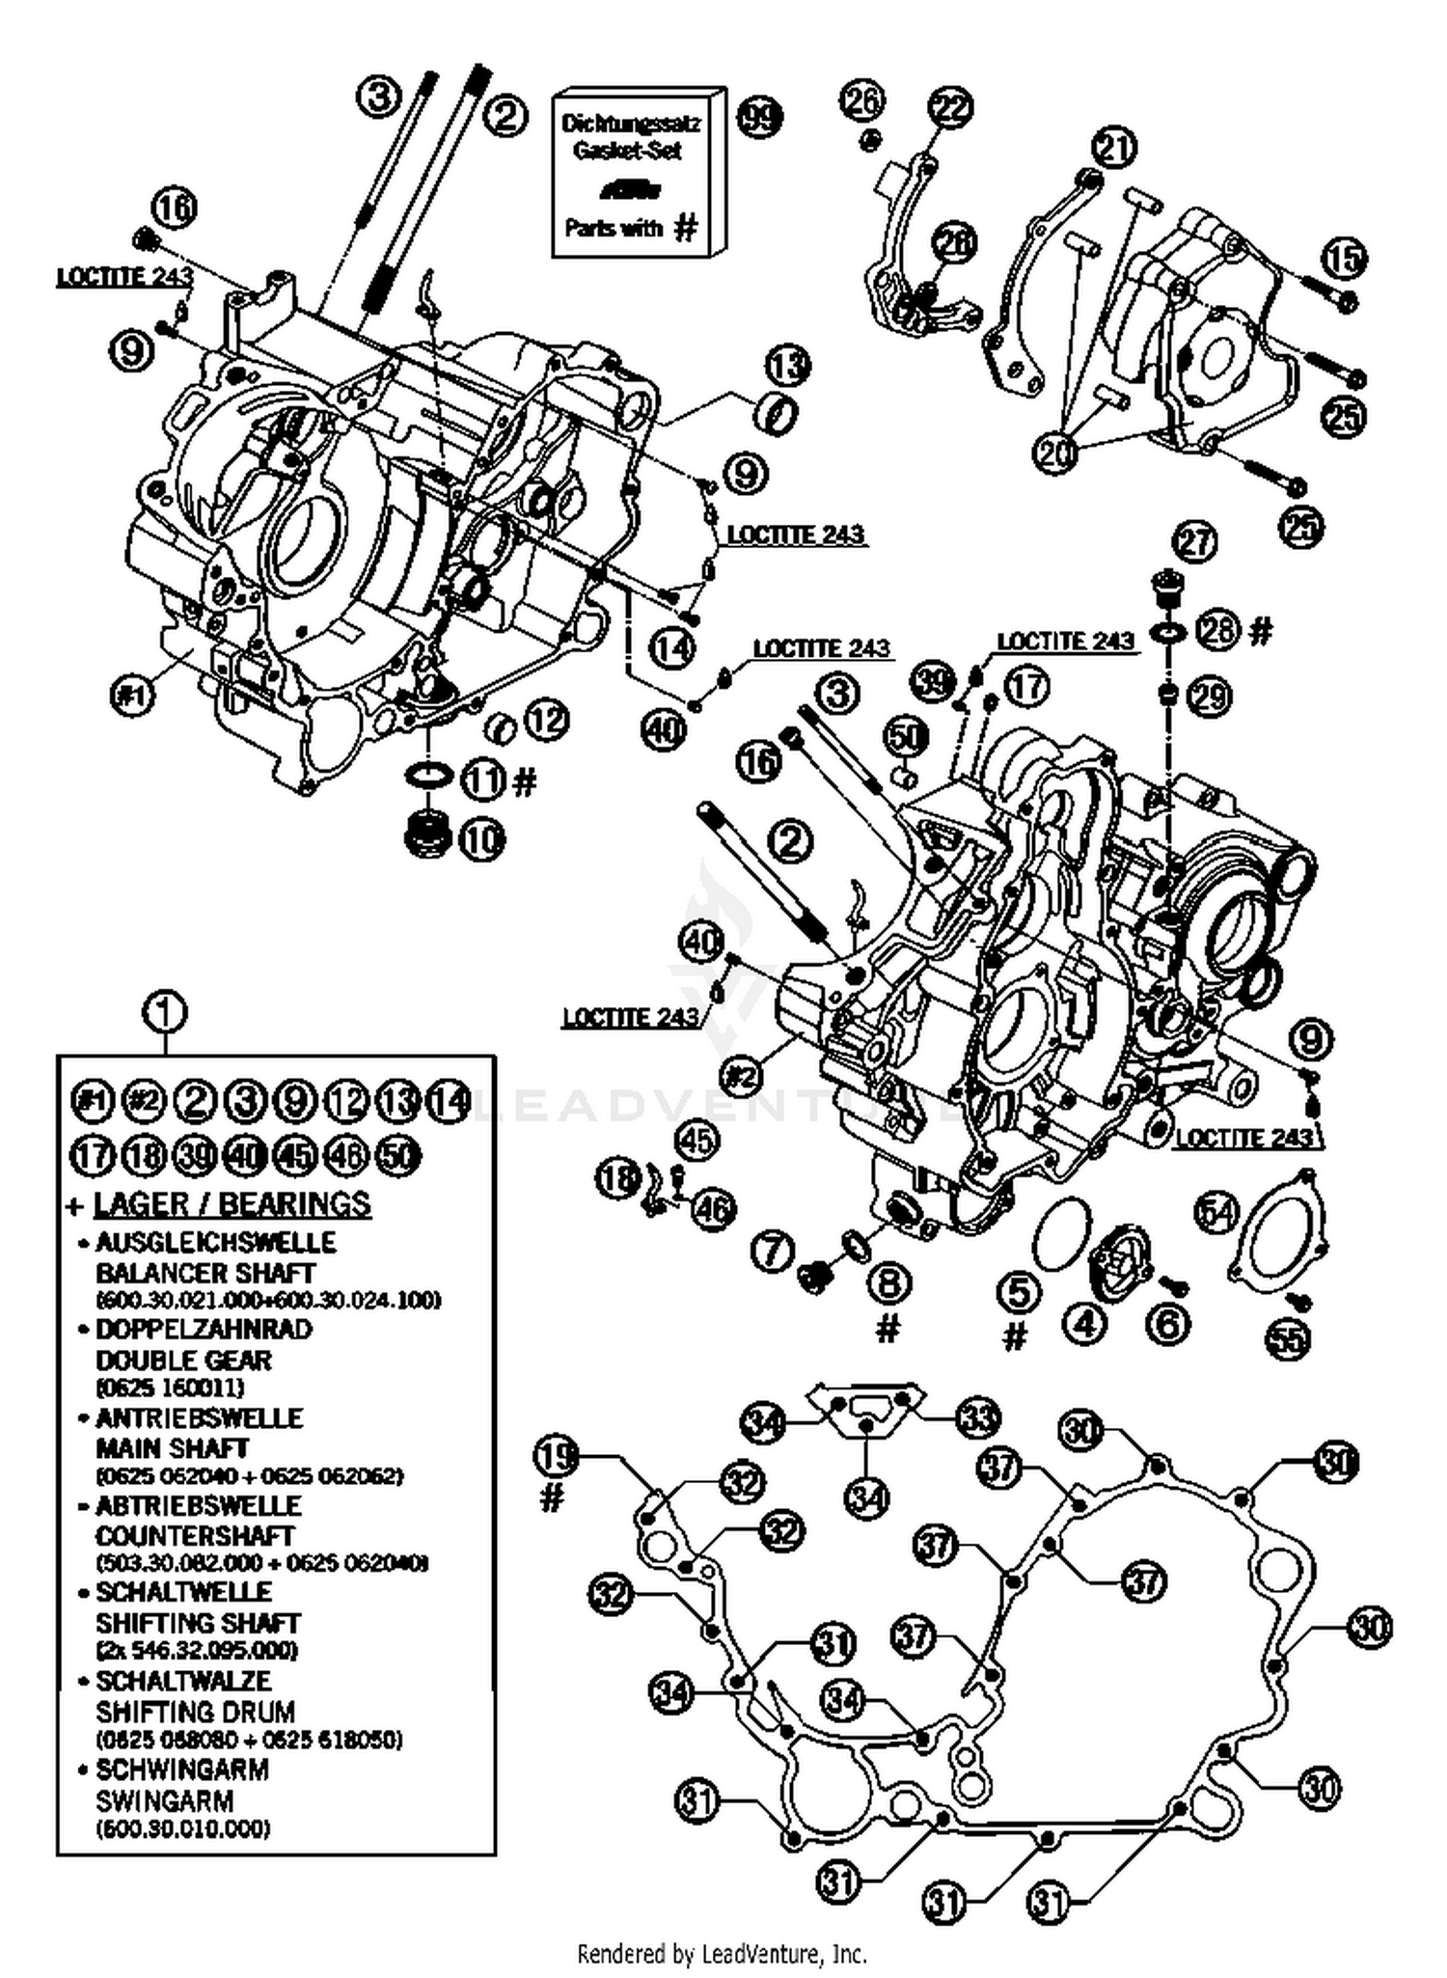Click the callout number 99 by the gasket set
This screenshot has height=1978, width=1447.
tap(759, 119)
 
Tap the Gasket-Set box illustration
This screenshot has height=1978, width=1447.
tap(637, 174)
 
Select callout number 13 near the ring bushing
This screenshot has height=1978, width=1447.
tap(788, 367)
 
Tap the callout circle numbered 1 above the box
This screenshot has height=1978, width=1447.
tap(164, 1012)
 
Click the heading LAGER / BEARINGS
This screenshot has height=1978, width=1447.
tap(232, 1203)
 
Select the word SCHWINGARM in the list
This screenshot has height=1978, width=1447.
tap(181, 1770)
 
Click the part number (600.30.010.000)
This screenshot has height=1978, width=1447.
tap(182, 1827)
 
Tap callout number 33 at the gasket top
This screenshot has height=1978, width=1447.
tap(978, 1417)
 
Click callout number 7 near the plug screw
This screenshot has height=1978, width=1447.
tap(772, 1252)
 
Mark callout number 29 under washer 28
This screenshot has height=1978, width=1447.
tap(1209, 697)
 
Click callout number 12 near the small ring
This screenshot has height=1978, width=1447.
tap(547, 720)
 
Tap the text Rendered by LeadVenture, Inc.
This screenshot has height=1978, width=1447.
tap(722, 1954)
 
